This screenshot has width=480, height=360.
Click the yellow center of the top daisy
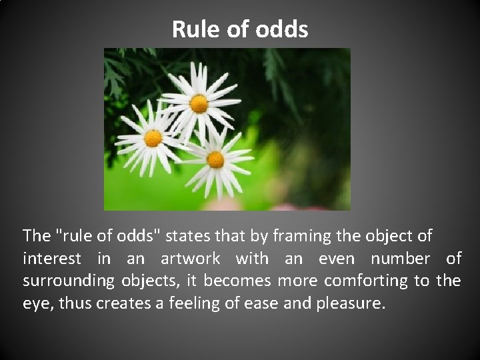pyautogui.click(x=199, y=104)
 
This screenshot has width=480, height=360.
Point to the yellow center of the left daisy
pyautogui.click(x=153, y=139)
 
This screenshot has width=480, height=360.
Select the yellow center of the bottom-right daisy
pyautogui.click(x=215, y=159)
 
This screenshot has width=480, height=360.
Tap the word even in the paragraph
pyautogui.click(x=337, y=259)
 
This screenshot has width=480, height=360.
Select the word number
pyautogui.click(x=400, y=259)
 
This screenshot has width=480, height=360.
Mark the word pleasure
pyautogui.click(x=353, y=303)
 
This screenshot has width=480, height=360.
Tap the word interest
pyautogui.click(x=51, y=259)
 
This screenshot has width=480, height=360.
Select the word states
pyautogui.click(x=185, y=236)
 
